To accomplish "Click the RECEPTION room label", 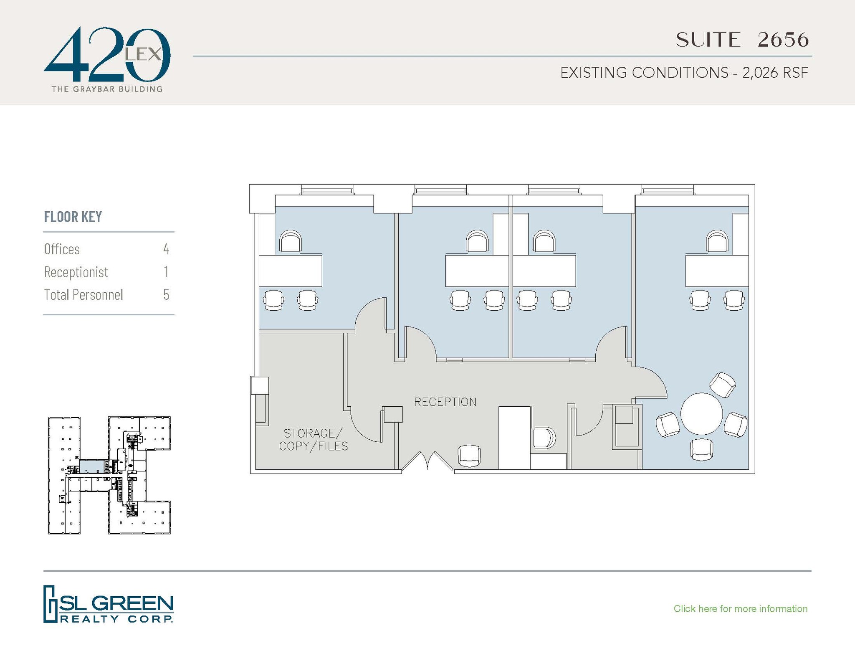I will pos(445,402).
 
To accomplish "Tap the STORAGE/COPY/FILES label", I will pos(313,440).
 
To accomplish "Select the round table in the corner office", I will pos(701,413).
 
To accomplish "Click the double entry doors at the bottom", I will pos(427,461).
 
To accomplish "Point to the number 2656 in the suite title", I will pos(783,40).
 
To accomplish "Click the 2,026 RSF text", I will pos(775,73).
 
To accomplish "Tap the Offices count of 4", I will pos(166,249).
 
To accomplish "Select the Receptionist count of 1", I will pos(166,272).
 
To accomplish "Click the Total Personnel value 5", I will pos(166,295).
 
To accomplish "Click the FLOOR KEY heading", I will pos(73,217).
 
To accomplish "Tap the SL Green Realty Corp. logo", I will pos(109,604).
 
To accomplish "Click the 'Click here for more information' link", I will pos(740,609).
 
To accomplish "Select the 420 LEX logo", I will pos(107,55).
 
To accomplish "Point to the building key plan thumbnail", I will pos(109,475).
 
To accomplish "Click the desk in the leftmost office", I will pos(291,271).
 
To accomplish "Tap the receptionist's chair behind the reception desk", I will pos(544,438).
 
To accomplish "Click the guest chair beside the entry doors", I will pos(469,456).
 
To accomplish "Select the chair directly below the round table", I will pos(702,450).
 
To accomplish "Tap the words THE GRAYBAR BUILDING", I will pos(107,89).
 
